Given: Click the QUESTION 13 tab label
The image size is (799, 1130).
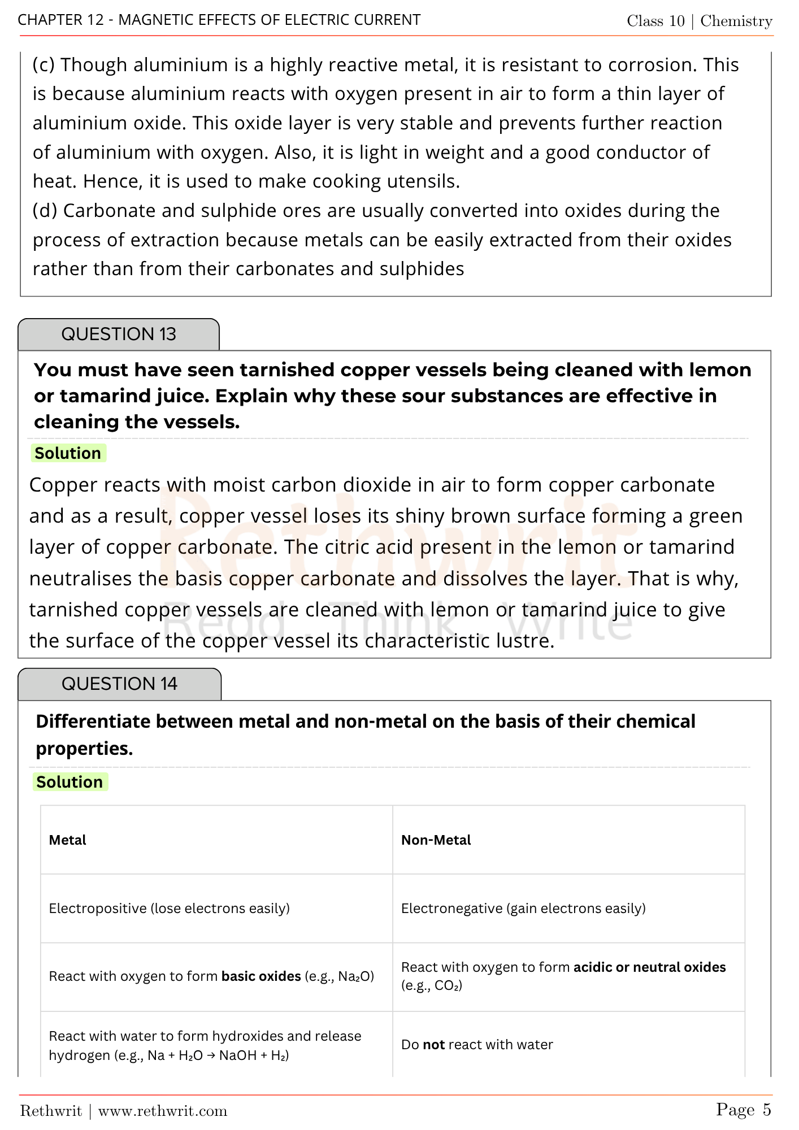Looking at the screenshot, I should [x=119, y=334].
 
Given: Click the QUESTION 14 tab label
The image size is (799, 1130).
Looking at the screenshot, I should [x=119, y=684].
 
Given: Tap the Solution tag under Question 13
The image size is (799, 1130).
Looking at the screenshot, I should [x=68, y=453].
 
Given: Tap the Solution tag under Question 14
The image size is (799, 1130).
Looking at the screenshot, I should [x=70, y=782].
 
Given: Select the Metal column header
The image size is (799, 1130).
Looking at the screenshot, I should [x=68, y=840].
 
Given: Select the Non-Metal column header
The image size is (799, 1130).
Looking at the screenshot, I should [x=436, y=840].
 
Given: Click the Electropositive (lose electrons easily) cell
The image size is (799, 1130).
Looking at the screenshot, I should [x=169, y=909].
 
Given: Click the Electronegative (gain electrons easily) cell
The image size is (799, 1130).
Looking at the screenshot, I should [x=523, y=909].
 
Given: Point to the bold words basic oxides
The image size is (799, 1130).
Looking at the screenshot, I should [x=261, y=976].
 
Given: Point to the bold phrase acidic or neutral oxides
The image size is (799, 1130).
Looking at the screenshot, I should [x=649, y=967].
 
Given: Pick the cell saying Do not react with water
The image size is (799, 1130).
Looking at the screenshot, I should [x=476, y=1045].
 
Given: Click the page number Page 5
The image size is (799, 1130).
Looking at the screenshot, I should [x=743, y=1110].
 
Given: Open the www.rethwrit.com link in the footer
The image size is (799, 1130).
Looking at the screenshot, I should [x=163, y=1111].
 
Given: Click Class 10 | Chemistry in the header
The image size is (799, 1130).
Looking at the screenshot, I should [x=699, y=21].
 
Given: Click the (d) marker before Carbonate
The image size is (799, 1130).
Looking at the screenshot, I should [x=45, y=211].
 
